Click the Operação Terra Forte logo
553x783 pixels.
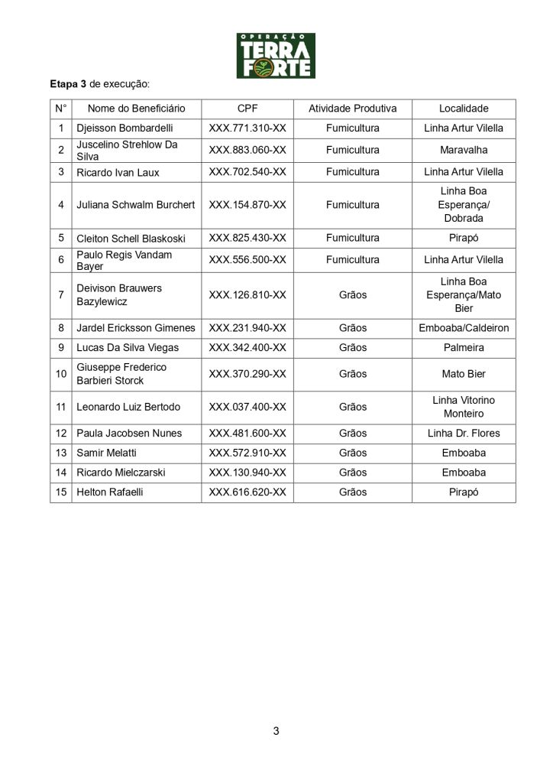(x=276, y=55)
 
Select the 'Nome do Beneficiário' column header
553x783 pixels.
(x=136, y=109)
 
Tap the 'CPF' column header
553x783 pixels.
(x=247, y=109)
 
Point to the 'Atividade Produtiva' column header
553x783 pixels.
(x=352, y=109)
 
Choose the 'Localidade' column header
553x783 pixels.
(x=464, y=109)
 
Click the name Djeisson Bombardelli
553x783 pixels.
(x=127, y=128)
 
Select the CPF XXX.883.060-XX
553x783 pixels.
(x=247, y=150)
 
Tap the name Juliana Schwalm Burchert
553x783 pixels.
(x=136, y=205)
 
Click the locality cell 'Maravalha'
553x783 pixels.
(x=464, y=150)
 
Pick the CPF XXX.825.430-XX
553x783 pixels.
(x=247, y=238)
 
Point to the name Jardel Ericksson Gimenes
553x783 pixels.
(x=136, y=328)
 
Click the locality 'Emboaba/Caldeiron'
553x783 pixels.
(x=464, y=328)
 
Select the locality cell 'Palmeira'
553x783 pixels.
(x=464, y=348)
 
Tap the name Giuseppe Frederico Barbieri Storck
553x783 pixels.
(x=121, y=374)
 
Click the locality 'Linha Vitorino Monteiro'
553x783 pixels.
(x=464, y=407)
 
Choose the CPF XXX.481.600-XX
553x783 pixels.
(x=247, y=434)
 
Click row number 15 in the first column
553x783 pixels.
(x=61, y=492)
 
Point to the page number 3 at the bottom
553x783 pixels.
(x=276, y=731)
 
